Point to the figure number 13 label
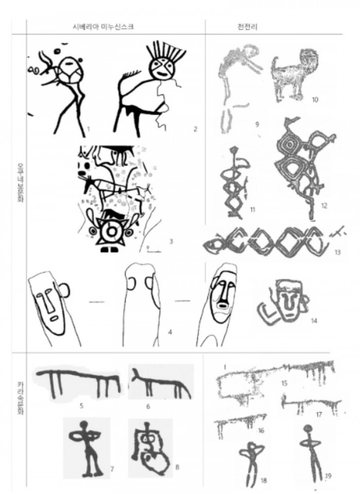click(337, 252)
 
